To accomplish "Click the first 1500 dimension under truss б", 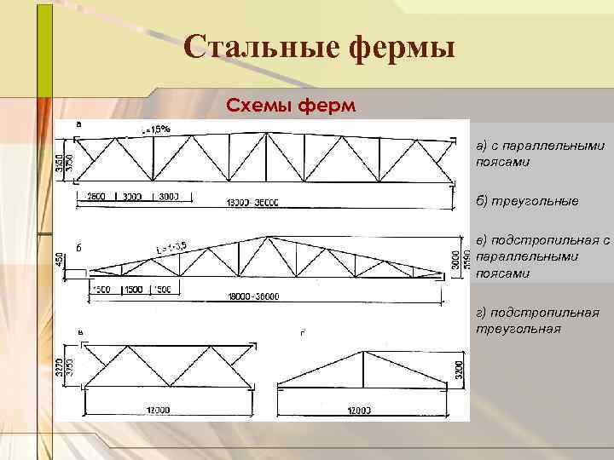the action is pos(103,289).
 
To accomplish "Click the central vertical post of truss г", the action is pos(363,369).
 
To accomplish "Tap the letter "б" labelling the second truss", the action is pos(78,248).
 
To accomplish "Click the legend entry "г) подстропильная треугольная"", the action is pos(537,320).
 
